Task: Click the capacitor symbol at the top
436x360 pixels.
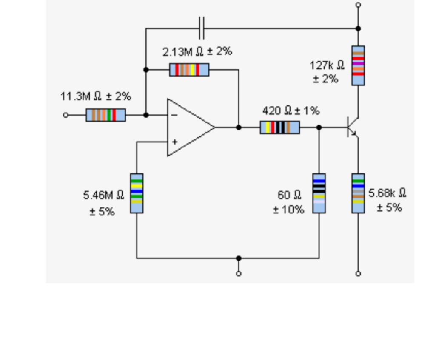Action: [201, 28]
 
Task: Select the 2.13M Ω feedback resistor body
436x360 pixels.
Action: [189, 69]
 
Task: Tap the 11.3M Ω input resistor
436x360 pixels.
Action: [105, 115]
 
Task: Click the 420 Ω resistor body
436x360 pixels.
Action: [279, 127]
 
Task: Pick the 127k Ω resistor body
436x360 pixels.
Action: [358, 65]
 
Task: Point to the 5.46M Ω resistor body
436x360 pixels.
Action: [137, 193]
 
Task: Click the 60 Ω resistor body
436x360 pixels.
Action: [319, 193]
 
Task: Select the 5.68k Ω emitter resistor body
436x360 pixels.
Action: [358, 193]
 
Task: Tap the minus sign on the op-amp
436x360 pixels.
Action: [174, 115]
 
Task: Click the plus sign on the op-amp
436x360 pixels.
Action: [174, 142]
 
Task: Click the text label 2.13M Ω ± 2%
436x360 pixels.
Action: [197, 51]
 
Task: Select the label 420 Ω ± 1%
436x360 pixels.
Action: [291, 111]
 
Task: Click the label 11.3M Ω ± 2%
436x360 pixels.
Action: [96, 96]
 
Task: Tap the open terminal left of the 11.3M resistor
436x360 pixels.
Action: [66, 115]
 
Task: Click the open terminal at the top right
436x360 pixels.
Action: [358, 5]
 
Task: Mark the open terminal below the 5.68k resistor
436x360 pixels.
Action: [358, 273]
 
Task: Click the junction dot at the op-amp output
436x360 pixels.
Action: [239, 127]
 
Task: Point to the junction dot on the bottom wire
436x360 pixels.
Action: [239, 258]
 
